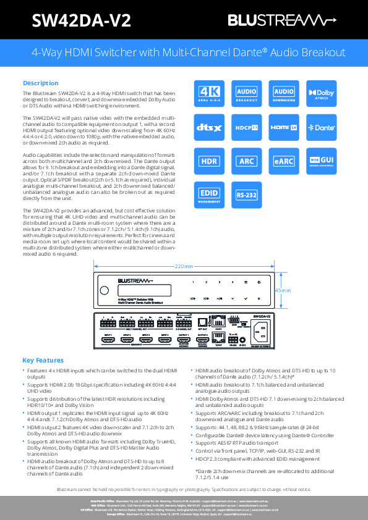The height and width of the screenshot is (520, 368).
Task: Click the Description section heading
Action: [41, 83]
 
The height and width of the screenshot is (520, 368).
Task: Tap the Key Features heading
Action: [43, 360]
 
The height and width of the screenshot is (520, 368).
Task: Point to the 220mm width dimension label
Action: [184, 266]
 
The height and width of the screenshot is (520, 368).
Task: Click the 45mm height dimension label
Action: [282, 290]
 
